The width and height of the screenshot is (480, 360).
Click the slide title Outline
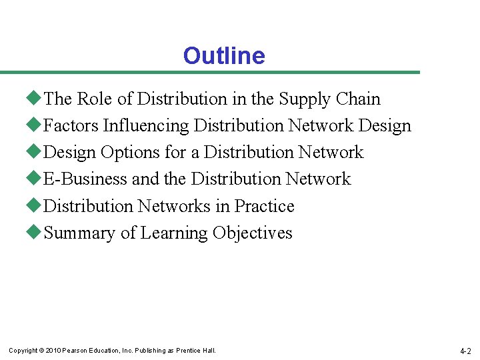tap(224, 56)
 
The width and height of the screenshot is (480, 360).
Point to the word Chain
tap(358, 99)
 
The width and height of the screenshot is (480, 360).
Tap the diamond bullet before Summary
tap(35, 233)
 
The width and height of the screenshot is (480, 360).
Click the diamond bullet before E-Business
tap(35, 179)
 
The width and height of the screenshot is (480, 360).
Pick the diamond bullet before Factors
tap(35, 126)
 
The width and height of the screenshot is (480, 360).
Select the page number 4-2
tap(465, 351)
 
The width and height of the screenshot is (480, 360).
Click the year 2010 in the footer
tap(53, 351)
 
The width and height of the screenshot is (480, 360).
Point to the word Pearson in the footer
tap(75, 351)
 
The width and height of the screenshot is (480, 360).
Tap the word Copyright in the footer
tap(23, 351)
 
